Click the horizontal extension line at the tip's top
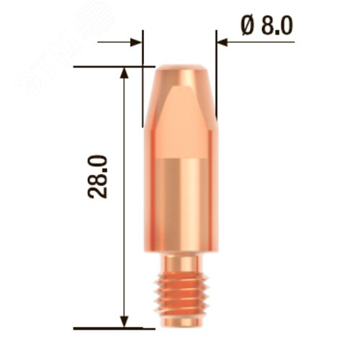pyautogui.click(x=108, y=68)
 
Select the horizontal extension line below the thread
pyautogui.click(x=108, y=328)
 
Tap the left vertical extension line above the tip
pyautogui.click(x=143, y=47)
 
